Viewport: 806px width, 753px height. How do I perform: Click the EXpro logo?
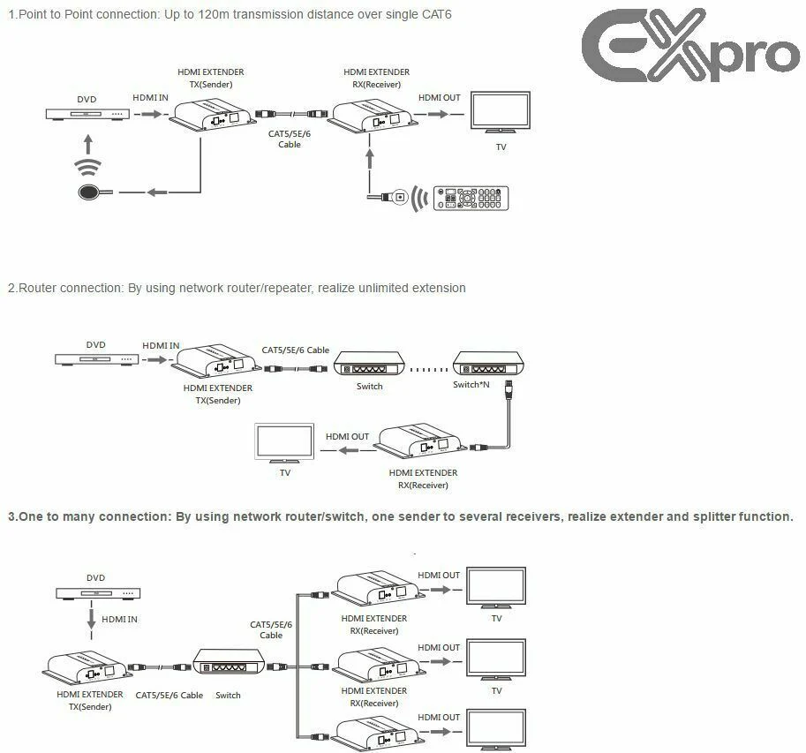(x=690, y=45)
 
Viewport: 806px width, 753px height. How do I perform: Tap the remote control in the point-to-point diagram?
(x=471, y=198)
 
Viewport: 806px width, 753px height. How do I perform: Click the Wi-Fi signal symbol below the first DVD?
(x=88, y=167)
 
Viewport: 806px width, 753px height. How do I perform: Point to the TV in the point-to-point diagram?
(x=501, y=113)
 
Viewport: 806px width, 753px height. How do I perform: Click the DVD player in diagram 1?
(x=87, y=114)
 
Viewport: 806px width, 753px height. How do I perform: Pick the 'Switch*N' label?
(x=471, y=385)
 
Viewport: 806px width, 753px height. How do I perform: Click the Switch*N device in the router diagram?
(x=488, y=364)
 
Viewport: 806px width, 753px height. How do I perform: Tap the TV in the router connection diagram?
(x=285, y=443)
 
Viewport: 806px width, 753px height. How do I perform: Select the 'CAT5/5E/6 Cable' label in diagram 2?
(x=296, y=350)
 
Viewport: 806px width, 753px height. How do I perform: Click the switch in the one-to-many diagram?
(x=229, y=661)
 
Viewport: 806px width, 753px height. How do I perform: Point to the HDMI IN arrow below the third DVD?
(x=92, y=620)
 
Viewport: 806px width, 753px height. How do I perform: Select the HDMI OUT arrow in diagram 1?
(x=438, y=114)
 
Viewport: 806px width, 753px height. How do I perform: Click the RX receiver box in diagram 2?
(x=420, y=441)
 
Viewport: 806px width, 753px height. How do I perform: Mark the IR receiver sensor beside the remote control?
(x=400, y=196)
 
